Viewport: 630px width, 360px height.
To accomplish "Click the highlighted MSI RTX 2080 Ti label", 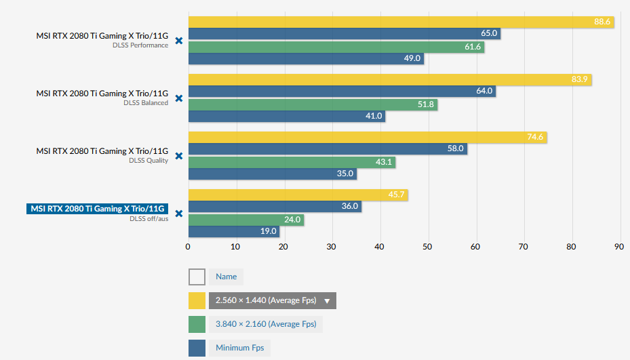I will point(97,209).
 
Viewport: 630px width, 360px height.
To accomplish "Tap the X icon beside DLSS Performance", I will point(179,41).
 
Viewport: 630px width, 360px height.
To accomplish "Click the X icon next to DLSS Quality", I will point(179,156).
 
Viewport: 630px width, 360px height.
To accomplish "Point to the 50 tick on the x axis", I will point(427,247).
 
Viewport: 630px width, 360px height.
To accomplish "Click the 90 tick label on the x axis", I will point(618,247).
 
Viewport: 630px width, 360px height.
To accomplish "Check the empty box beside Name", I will point(197,277).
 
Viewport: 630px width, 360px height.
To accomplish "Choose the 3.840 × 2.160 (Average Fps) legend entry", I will point(266,324).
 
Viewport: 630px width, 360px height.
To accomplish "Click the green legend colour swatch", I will point(197,324).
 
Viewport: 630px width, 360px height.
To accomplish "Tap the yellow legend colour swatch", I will point(197,300).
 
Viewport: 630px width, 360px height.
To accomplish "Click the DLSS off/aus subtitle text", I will point(149,218).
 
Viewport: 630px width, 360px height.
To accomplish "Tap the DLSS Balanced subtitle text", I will point(146,103).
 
